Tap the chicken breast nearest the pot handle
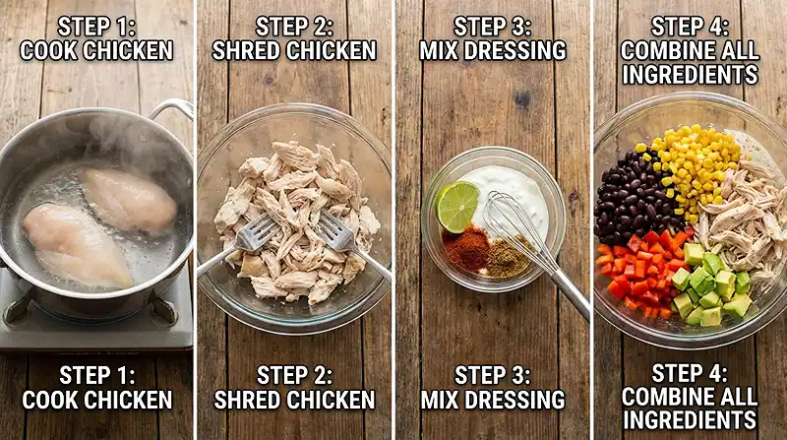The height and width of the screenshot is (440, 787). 129,198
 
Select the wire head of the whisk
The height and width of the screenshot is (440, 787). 513,222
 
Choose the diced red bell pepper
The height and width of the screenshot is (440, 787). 639,271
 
